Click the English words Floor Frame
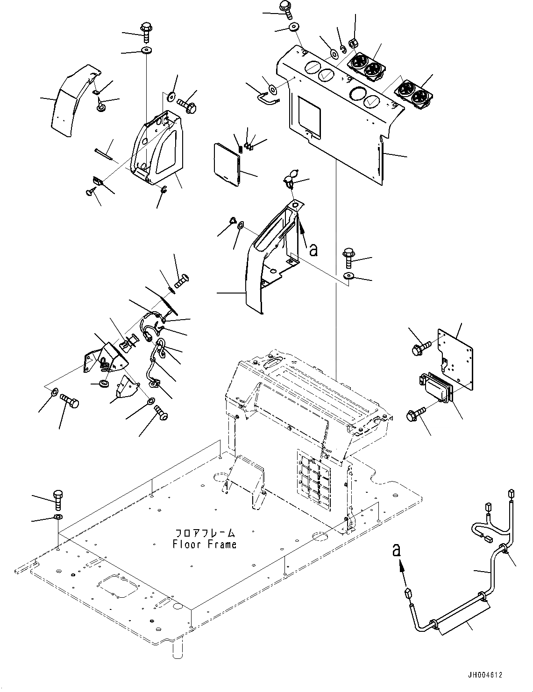(205, 544)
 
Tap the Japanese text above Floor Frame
(205, 533)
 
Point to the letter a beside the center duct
(313, 250)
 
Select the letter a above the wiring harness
(397, 551)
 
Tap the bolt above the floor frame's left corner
(58, 500)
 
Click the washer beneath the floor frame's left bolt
(58, 517)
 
